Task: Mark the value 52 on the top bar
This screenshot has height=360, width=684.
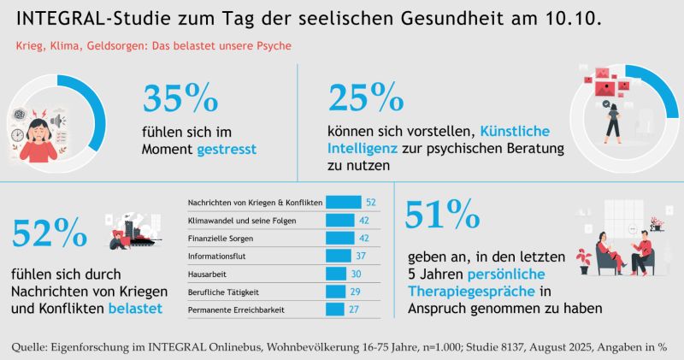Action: [370, 202]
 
